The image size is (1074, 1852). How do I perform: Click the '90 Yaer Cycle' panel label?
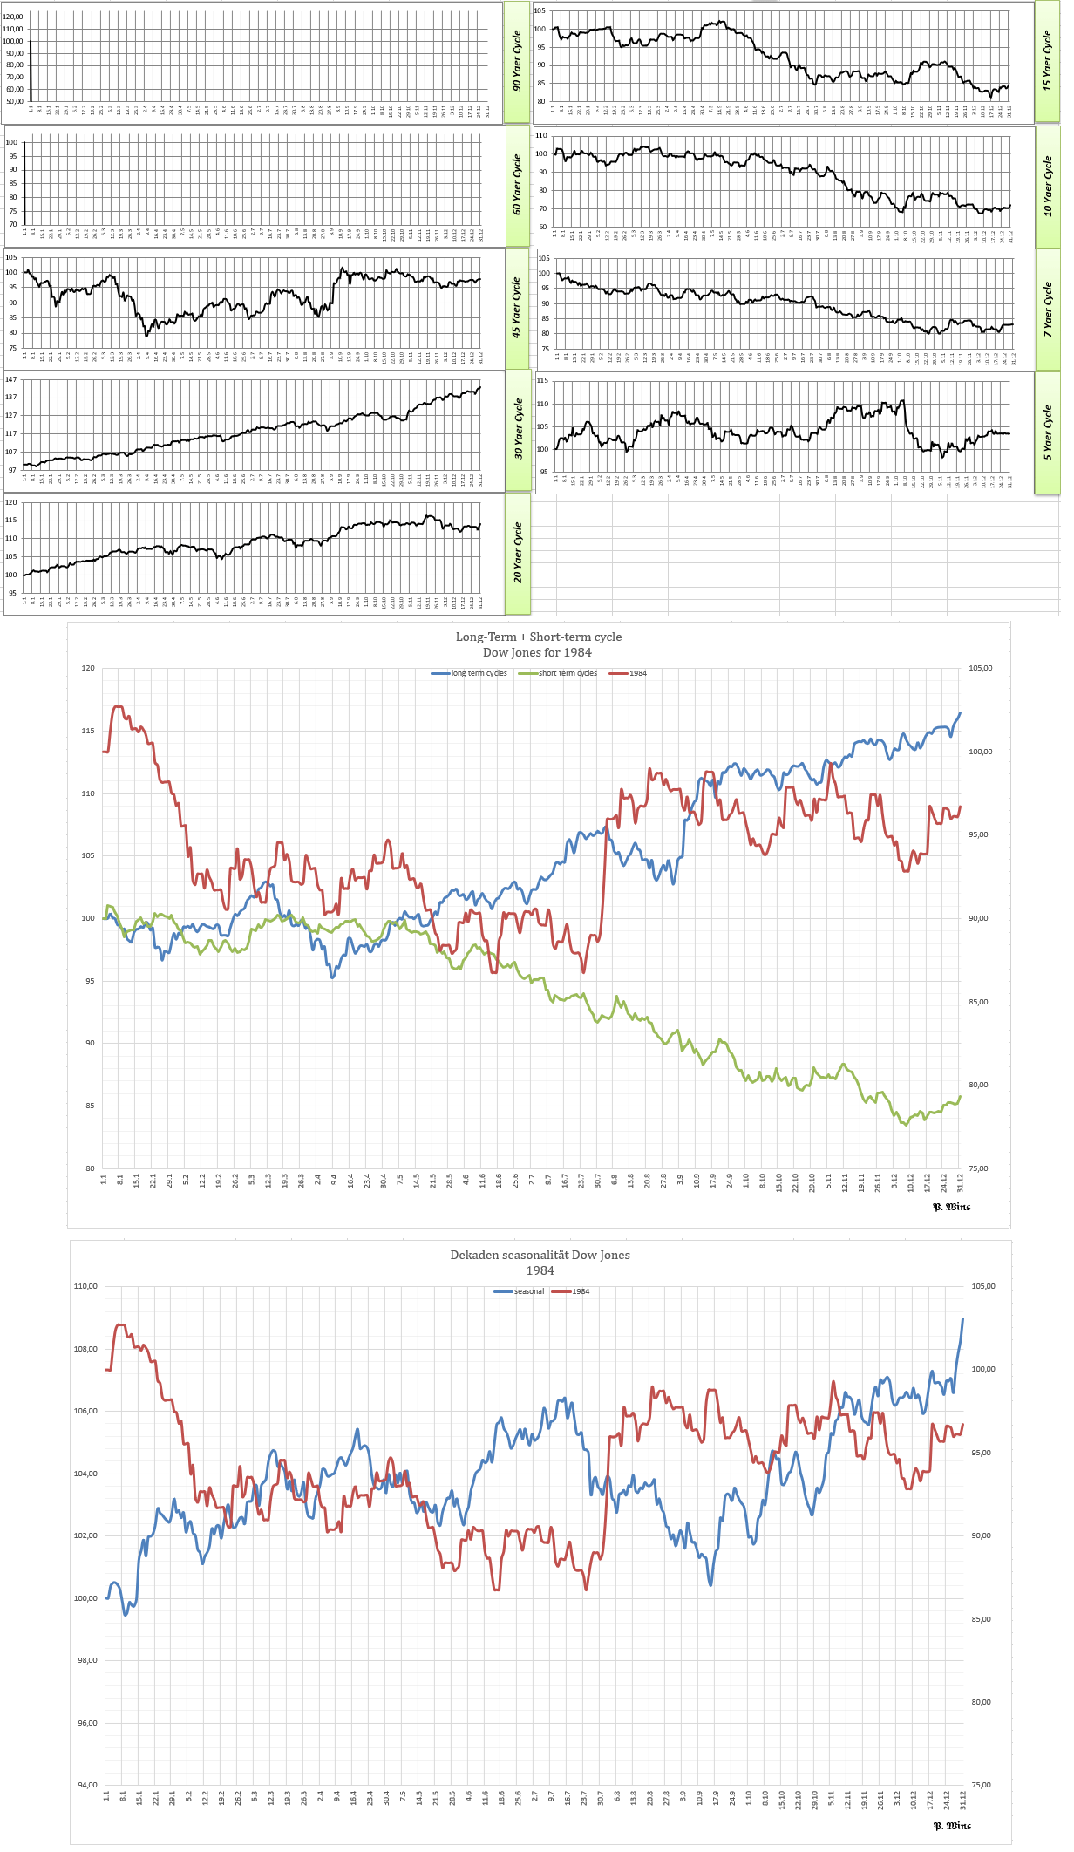[517, 61]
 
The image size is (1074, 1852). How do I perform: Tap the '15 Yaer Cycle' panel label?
[1047, 61]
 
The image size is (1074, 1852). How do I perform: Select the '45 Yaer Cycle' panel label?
[517, 308]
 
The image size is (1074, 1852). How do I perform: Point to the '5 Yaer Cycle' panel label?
[1047, 432]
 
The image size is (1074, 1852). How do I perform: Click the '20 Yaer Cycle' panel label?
[518, 553]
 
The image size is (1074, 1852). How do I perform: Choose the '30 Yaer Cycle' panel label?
[518, 429]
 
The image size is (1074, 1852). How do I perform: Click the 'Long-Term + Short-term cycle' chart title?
[538, 637]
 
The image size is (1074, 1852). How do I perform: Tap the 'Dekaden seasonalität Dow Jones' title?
[540, 1255]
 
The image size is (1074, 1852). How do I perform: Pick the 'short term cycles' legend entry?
[567, 673]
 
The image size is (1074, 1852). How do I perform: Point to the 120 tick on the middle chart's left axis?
[87, 669]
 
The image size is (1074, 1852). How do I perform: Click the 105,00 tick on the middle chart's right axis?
[981, 669]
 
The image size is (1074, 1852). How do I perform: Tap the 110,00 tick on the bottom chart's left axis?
[85, 1287]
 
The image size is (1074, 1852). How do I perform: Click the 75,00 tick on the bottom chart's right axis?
[981, 1785]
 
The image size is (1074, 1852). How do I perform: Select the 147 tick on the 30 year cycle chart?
[11, 379]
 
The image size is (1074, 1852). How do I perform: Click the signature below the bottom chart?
[952, 1826]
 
